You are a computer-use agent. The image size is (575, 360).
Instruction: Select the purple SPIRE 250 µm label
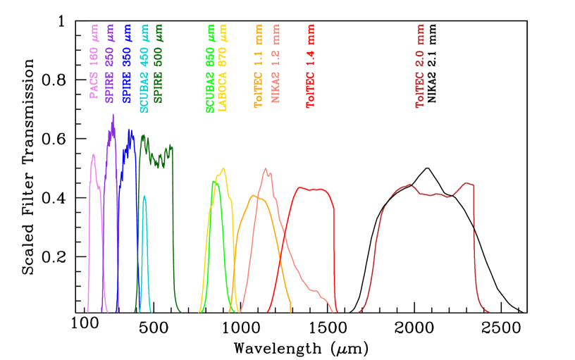pyautogui.click(x=110, y=64)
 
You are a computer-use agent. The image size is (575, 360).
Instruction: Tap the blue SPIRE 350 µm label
pyautogui.click(x=128, y=64)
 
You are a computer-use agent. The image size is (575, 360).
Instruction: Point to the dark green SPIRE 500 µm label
pyautogui.click(x=159, y=64)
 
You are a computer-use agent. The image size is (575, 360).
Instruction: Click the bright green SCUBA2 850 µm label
pyautogui.click(x=210, y=68)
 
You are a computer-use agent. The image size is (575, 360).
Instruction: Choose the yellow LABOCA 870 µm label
pyautogui.click(x=223, y=68)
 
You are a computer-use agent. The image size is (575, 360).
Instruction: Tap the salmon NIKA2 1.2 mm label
pyautogui.click(x=276, y=64)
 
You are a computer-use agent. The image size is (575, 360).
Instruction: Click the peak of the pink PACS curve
pyautogui.click(x=93, y=154)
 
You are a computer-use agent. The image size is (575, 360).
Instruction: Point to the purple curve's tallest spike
pyautogui.click(x=113, y=115)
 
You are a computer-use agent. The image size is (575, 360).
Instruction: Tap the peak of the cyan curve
pyautogui.click(x=144, y=196)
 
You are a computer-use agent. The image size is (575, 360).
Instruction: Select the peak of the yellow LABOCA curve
pyautogui.click(x=224, y=168)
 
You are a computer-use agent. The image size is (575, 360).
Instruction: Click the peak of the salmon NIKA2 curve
pyautogui.click(x=266, y=168)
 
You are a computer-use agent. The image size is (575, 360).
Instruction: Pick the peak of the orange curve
pyautogui.click(x=254, y=195)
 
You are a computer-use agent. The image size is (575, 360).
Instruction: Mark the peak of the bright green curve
pyautogui.click(x=216, y=182)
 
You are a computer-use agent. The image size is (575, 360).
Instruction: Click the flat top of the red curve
pyautogui.click(x=314, y=189)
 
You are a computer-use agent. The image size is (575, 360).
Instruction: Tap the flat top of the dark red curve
pyautogui.click(x=437, y=192)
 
